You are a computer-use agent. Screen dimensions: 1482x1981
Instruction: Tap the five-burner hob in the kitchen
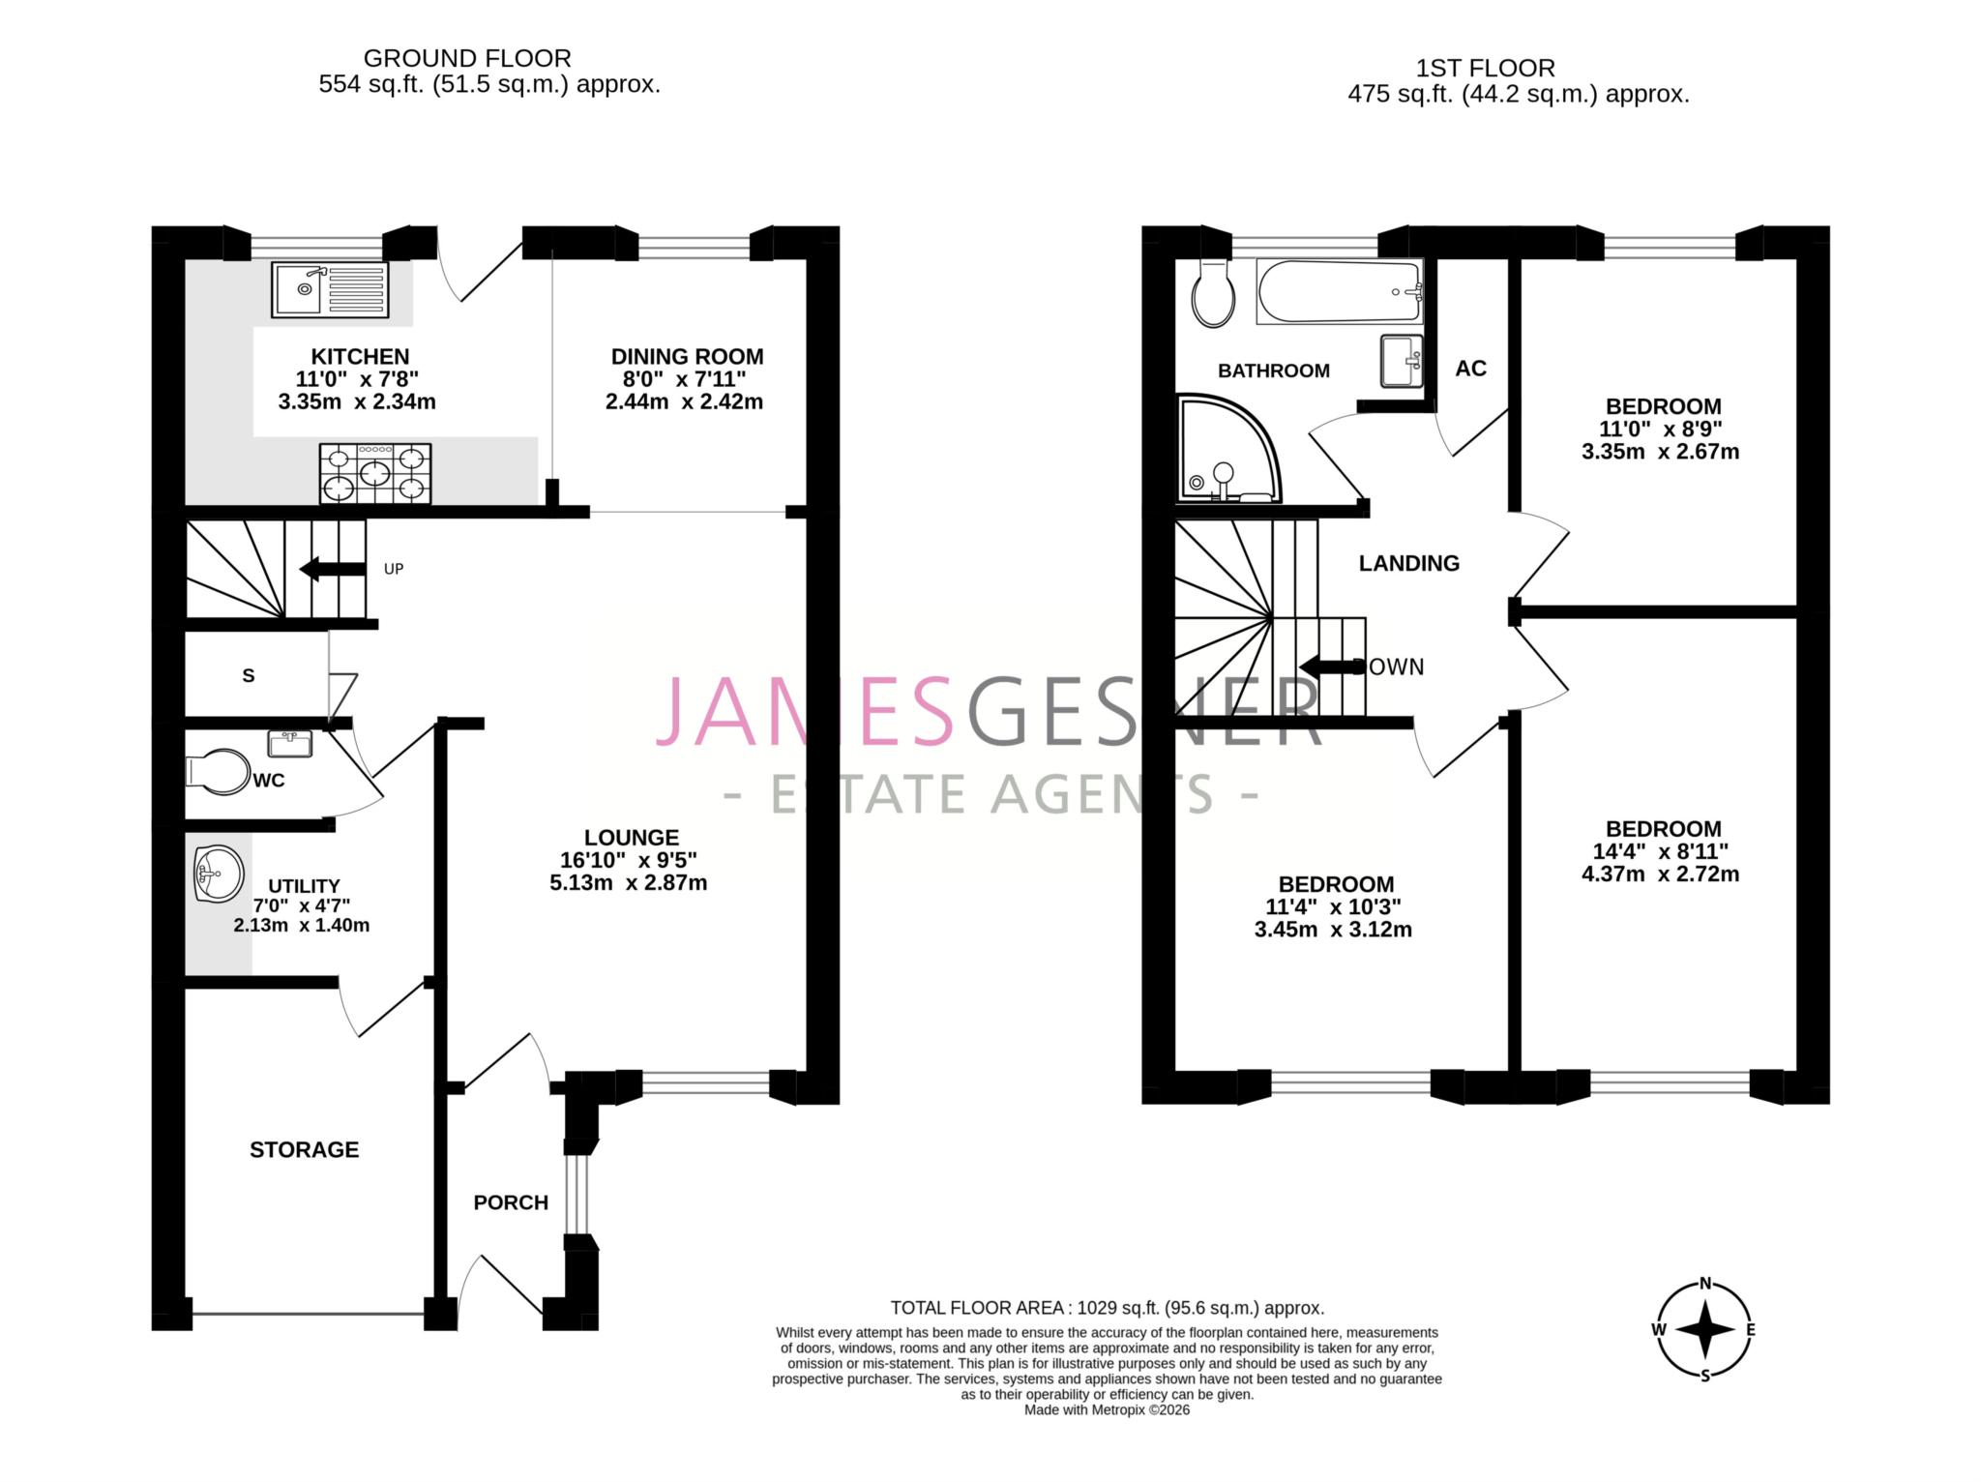[375, 474]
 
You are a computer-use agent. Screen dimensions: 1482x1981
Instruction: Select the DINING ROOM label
[687, 357]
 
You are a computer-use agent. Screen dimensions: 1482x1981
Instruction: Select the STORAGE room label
[304, 1149]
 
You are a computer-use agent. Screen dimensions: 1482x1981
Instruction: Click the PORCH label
[511, 1202]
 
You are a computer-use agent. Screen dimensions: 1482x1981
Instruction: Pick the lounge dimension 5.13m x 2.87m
[629, 883]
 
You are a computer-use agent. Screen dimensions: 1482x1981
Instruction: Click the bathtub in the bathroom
[1340, 292]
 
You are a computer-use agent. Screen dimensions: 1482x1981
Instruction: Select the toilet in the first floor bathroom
[1213, 293]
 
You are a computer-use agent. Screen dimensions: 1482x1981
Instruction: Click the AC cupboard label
[1470, 369]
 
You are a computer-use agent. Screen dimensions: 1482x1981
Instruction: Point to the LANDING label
[1408, 563]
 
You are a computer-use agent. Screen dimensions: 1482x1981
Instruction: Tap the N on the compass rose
[1705, 1284]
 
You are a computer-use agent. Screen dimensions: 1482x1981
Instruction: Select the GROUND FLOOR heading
[467, 59]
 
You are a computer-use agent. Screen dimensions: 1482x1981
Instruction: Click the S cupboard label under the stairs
[249, 676]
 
